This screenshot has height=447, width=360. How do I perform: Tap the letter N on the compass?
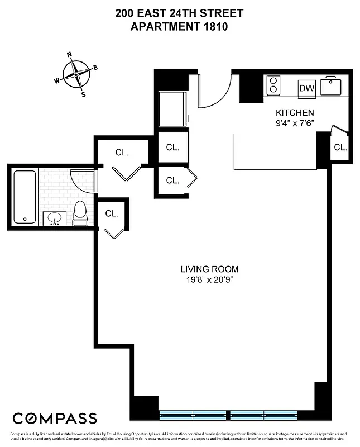pyautogui.click(x=70, y=55)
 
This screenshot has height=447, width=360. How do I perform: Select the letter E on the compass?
pyautogui.click(x=95, y=68)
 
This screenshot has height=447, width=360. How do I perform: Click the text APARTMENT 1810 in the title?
pyautogui.click(x=179, y=26)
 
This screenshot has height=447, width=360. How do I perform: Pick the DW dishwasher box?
pyautogui.click(x=307, y=88)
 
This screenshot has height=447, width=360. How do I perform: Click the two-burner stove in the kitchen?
pyautogui.click(x=274, y=85)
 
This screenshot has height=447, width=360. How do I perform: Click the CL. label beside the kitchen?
pyautogui.click(x=340, y=148)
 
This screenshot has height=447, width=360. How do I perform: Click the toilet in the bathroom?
pyautogui.click(x=80, y=213)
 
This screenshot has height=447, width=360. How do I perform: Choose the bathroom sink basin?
pyautogui.click(x=55, y=218)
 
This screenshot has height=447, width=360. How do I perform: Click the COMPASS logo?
pyautogui.click(x=55, y=418)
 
